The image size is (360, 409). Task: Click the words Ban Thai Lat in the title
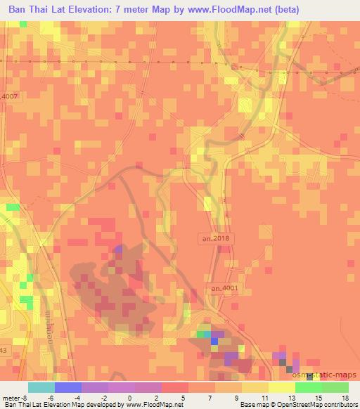(x=36, y=11)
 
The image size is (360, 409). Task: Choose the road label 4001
(x=224, y=288)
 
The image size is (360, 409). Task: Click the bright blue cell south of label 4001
(x=214, y=341)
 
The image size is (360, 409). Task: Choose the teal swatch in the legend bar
(x=41, y=387)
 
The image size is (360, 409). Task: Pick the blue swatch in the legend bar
(x=68, y=387)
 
